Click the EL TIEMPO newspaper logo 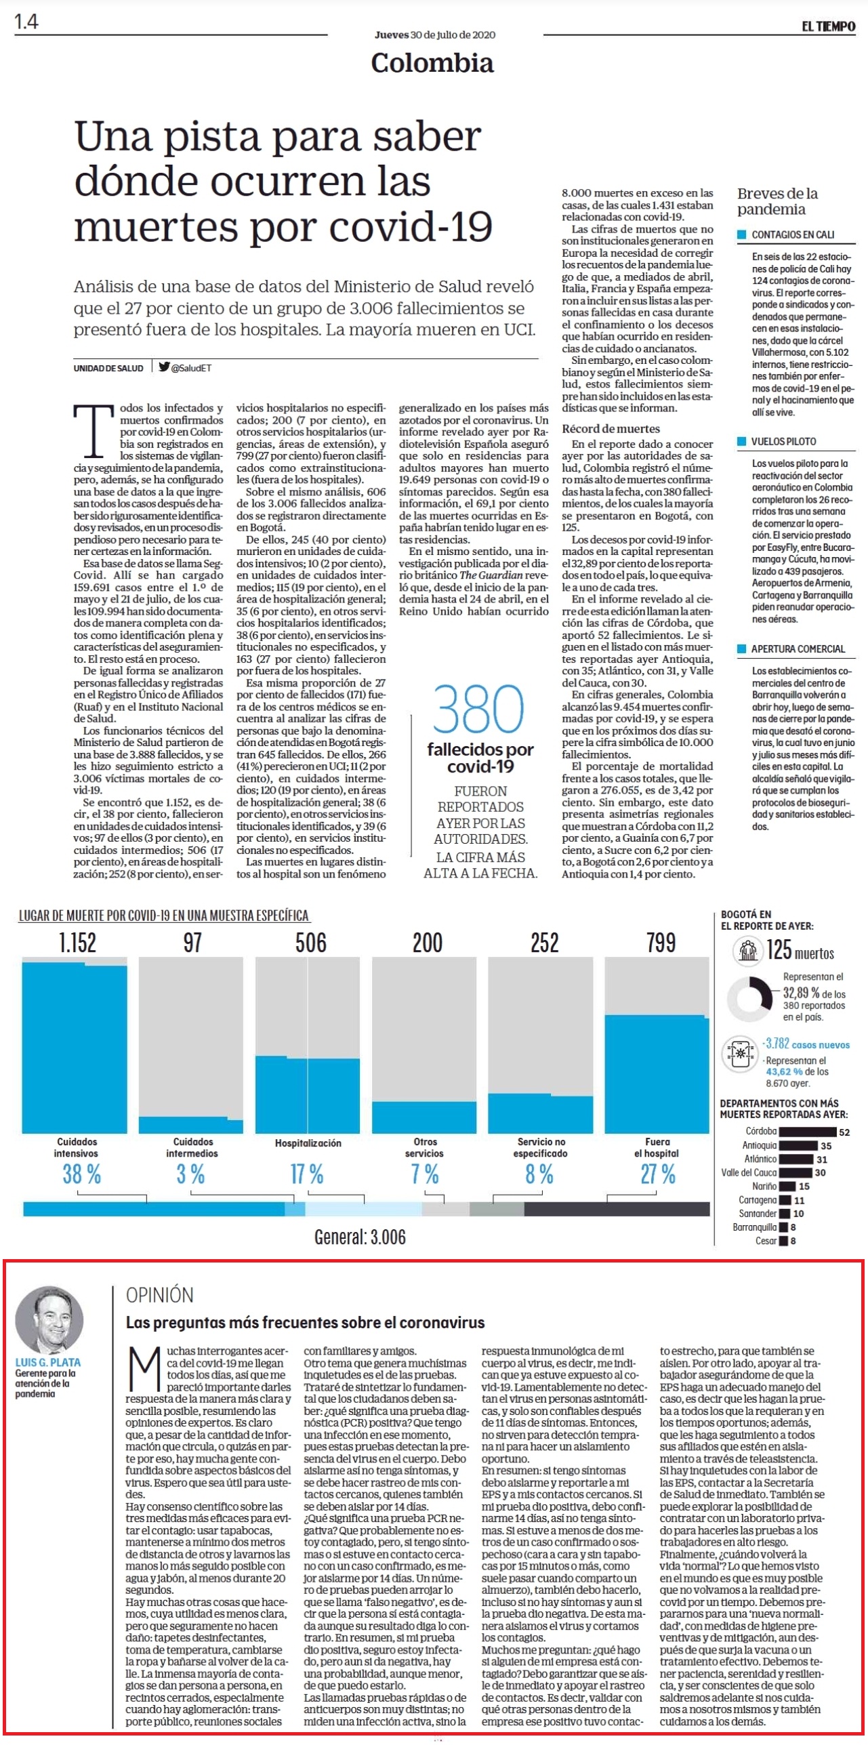(828, 26)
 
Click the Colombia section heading (432, 63)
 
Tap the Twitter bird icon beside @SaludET (164, 367)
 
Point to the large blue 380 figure (478, 709)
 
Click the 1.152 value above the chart (77, 943)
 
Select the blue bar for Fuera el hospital (657, 1074)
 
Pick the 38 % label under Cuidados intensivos (81, 1174)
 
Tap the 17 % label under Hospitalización (307, 1174)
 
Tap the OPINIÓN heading (160, 1295)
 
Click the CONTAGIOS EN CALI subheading (793, 234)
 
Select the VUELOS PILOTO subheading (783, 441)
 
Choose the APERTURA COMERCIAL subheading (798, 649)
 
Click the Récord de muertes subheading (611, 428)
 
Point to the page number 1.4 (26, 22)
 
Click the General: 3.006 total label (360, 1237)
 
